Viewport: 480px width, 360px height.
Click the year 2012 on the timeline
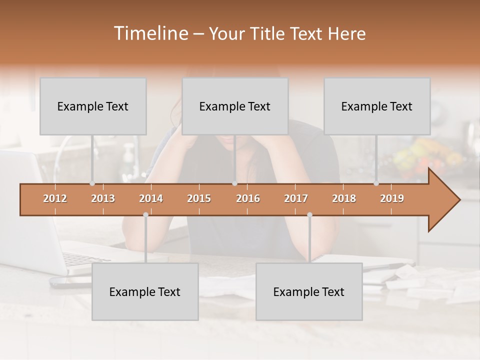click(55, 198)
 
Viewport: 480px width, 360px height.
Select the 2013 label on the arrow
click(103, 198)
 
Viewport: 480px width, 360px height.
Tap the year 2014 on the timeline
click(151, 198)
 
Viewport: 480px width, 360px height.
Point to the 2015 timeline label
click(199, 198)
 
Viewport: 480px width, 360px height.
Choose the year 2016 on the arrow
click(248, 198)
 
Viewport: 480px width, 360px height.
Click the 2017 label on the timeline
click(296, 198)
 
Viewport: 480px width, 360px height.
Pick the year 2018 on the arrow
click(344, 198)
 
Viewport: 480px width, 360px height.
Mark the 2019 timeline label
click(392, 198)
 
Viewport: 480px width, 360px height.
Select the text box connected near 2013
click(93, 106)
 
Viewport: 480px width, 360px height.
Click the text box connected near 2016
click(235, 106)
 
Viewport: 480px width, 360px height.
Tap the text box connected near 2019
click(377, 106)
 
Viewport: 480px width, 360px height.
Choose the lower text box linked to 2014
click(145, 292)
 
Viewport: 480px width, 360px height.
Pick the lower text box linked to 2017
click(309, 292)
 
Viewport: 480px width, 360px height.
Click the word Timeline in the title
click(150, 33)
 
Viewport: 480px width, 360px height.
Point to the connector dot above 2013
click(92, 183)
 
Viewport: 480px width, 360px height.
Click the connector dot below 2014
click(145, 215)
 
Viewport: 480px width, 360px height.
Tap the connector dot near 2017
click(309, 215)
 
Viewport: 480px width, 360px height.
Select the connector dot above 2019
click(376, 183)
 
